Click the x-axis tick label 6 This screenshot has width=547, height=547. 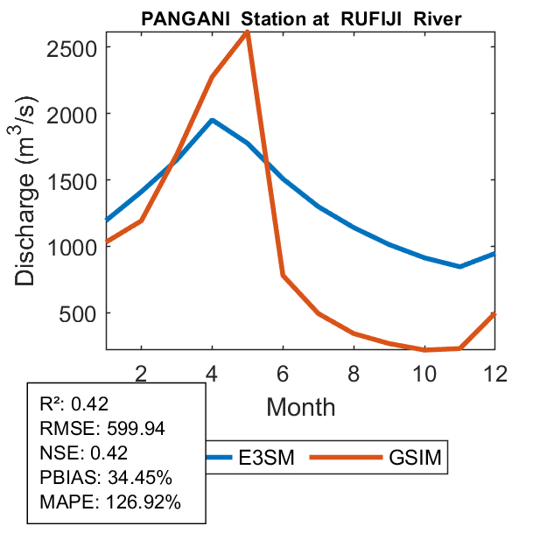click(283, 374)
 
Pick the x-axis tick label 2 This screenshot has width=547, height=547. click(141, 374)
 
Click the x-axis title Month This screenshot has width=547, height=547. click(300, 407)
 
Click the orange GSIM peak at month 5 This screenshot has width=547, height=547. click(248, 32)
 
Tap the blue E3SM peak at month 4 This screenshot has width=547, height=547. click(212, 120)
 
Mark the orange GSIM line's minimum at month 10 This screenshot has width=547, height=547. click(424, 349)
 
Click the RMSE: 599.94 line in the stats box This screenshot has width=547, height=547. click(102, 429)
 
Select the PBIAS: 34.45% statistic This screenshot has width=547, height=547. click(106, 478)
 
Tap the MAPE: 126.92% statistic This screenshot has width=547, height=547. click(109, 502)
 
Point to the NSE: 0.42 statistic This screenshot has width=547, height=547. click(84, 453)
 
